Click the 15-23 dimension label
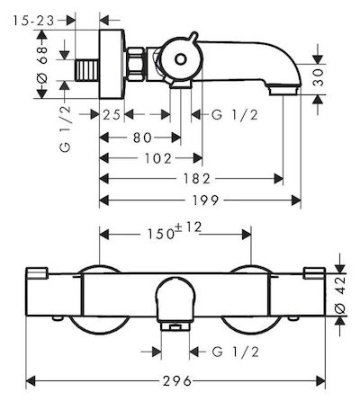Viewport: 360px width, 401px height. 33,21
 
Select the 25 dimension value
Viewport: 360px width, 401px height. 112,114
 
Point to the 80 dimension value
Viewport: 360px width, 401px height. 142,138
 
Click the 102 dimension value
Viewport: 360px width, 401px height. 158,158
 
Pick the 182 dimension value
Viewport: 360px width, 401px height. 197,179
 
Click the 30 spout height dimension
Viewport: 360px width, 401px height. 319,77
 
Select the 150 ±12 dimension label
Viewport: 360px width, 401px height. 174,231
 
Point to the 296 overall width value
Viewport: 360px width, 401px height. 177,381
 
